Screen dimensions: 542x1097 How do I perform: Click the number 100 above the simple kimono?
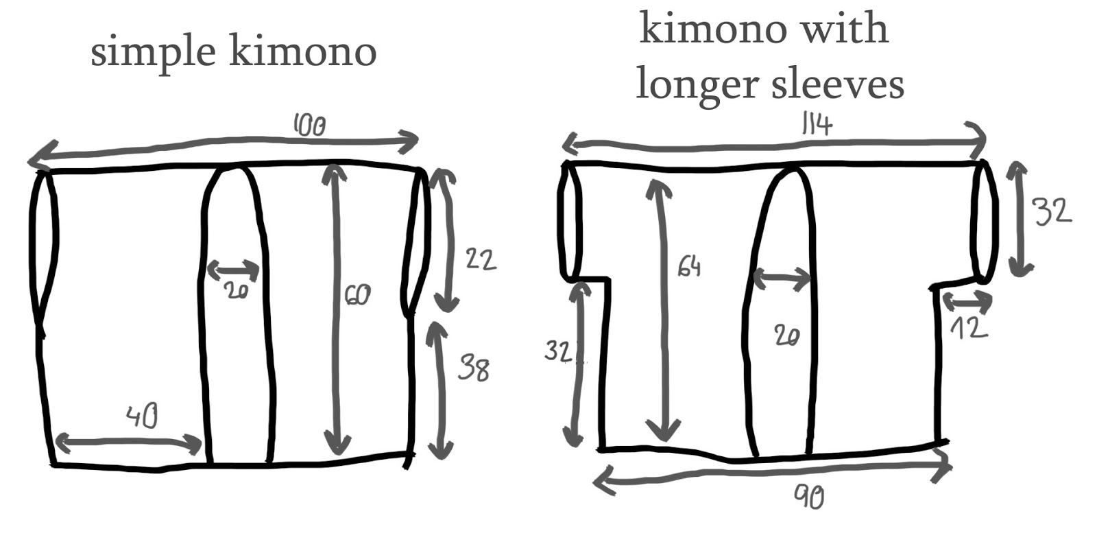pos(309,126)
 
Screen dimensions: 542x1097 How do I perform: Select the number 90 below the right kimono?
pos(809,496)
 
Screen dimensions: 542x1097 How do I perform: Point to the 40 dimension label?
pos(143,416)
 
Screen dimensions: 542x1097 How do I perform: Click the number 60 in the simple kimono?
pos(357,295)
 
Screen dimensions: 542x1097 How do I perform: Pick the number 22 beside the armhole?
pos(480,260)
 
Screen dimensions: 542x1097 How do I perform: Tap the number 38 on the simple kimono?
pos(474,368)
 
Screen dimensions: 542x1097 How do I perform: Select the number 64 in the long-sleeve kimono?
pos(689,266)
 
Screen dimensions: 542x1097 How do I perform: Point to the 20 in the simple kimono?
pos(235,291)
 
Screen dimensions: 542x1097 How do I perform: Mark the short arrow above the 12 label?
pos(967,301)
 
